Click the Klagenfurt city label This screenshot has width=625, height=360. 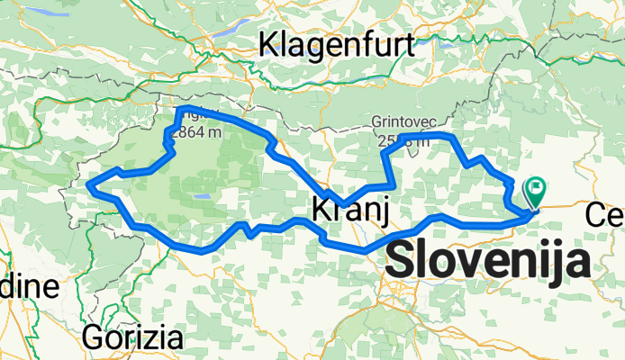pyautogui.click(x=336, y=42)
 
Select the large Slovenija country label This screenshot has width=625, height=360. pyautogui.click(x=489, y=261)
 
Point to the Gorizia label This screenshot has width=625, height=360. pyautogui.click(x=132, y=338)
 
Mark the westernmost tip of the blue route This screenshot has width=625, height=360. pyautogui.click(x=88, y=186)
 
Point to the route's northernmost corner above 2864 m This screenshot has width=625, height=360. pyautogui.click(x=182, y=108)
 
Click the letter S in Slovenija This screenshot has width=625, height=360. pyautogui.click(x=403, y=262)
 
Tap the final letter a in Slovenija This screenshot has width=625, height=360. pyautogui.click(x=577, y=264)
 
